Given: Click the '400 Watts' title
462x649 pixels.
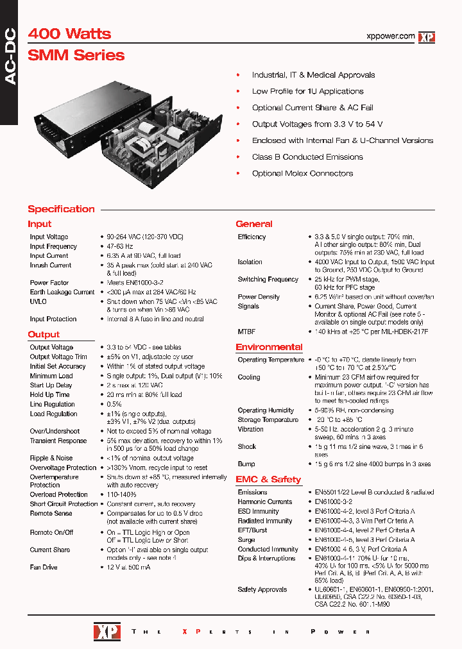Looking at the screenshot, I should [x=69, y=34].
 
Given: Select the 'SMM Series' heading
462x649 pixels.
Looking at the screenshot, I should [x=76, y=55].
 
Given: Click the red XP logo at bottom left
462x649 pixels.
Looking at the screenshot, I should [x=103, y=631].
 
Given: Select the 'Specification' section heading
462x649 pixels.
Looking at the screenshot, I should [x=61, y=209].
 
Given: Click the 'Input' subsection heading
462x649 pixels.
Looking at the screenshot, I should [x=40, y=224].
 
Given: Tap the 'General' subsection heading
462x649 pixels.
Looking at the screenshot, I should [x=253, y=224].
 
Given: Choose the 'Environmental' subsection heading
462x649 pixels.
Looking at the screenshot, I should [x=269, y=347].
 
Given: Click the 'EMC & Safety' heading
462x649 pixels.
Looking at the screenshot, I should [x=268, y=479].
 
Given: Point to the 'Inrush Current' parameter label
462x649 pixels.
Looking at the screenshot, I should [x=51, y=265].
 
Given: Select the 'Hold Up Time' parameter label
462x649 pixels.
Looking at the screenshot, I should [x=49, y=395].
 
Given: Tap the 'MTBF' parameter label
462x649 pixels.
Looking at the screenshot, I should [x=247, y=332].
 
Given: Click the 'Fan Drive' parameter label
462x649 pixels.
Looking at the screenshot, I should [x=44, y=568].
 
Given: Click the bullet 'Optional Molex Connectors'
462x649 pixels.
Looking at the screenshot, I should [x=302, y=173].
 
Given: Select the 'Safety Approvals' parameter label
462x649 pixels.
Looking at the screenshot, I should [x=262, y=589].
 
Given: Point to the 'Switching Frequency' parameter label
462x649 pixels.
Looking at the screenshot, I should [x=268, y=280].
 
